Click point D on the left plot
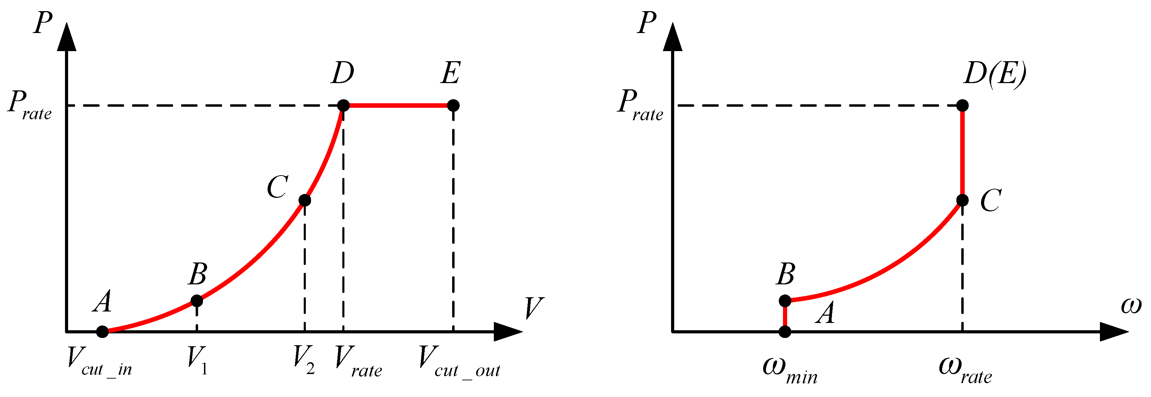[x=343, y=106]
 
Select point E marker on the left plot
[x=453, y=106]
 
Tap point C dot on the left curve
[x=304, y=200]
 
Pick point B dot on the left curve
[x=197, y=301]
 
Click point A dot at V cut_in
[x=102, y=332]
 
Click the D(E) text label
[x=995, y=73]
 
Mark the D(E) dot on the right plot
[x=962, y=106]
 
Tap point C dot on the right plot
[x=962, y=200]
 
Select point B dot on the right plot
[x=785, y=301]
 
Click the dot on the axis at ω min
[x=785, y=332]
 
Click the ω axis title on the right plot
[x=1131, y=306]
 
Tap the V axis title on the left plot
[x=533, y=308]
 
